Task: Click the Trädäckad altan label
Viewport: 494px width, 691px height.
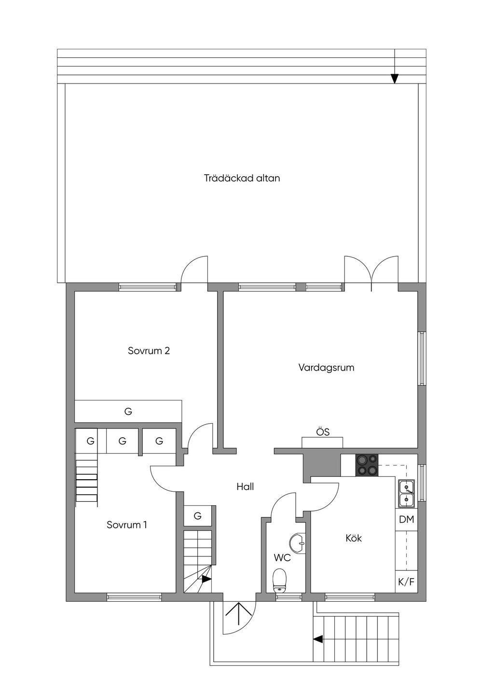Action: [x=242, y=179]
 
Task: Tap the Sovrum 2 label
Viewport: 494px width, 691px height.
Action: [x=149, y=351]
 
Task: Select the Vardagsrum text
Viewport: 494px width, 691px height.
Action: [x=326, y=368]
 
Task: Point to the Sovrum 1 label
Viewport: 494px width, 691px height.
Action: [x=127, y=525]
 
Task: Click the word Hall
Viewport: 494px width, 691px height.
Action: [x=245, y=486]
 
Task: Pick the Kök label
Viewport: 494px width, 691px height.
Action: [x=354, y=539]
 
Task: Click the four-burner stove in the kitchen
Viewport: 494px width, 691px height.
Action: [x=367, y=465]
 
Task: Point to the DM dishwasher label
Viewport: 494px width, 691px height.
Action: [x=406, y=520]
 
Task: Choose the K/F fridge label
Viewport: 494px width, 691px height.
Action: [x=406, y=582]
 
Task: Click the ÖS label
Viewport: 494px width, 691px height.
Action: [x=323, y=432]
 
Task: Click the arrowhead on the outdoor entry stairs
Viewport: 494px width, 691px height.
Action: [x=318, y=639]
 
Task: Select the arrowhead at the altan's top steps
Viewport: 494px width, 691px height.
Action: [x=395, y=79]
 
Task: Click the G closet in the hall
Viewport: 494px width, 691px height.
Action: [x=197, y=515]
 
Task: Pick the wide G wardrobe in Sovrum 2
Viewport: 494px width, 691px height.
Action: [x=128, y=411]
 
